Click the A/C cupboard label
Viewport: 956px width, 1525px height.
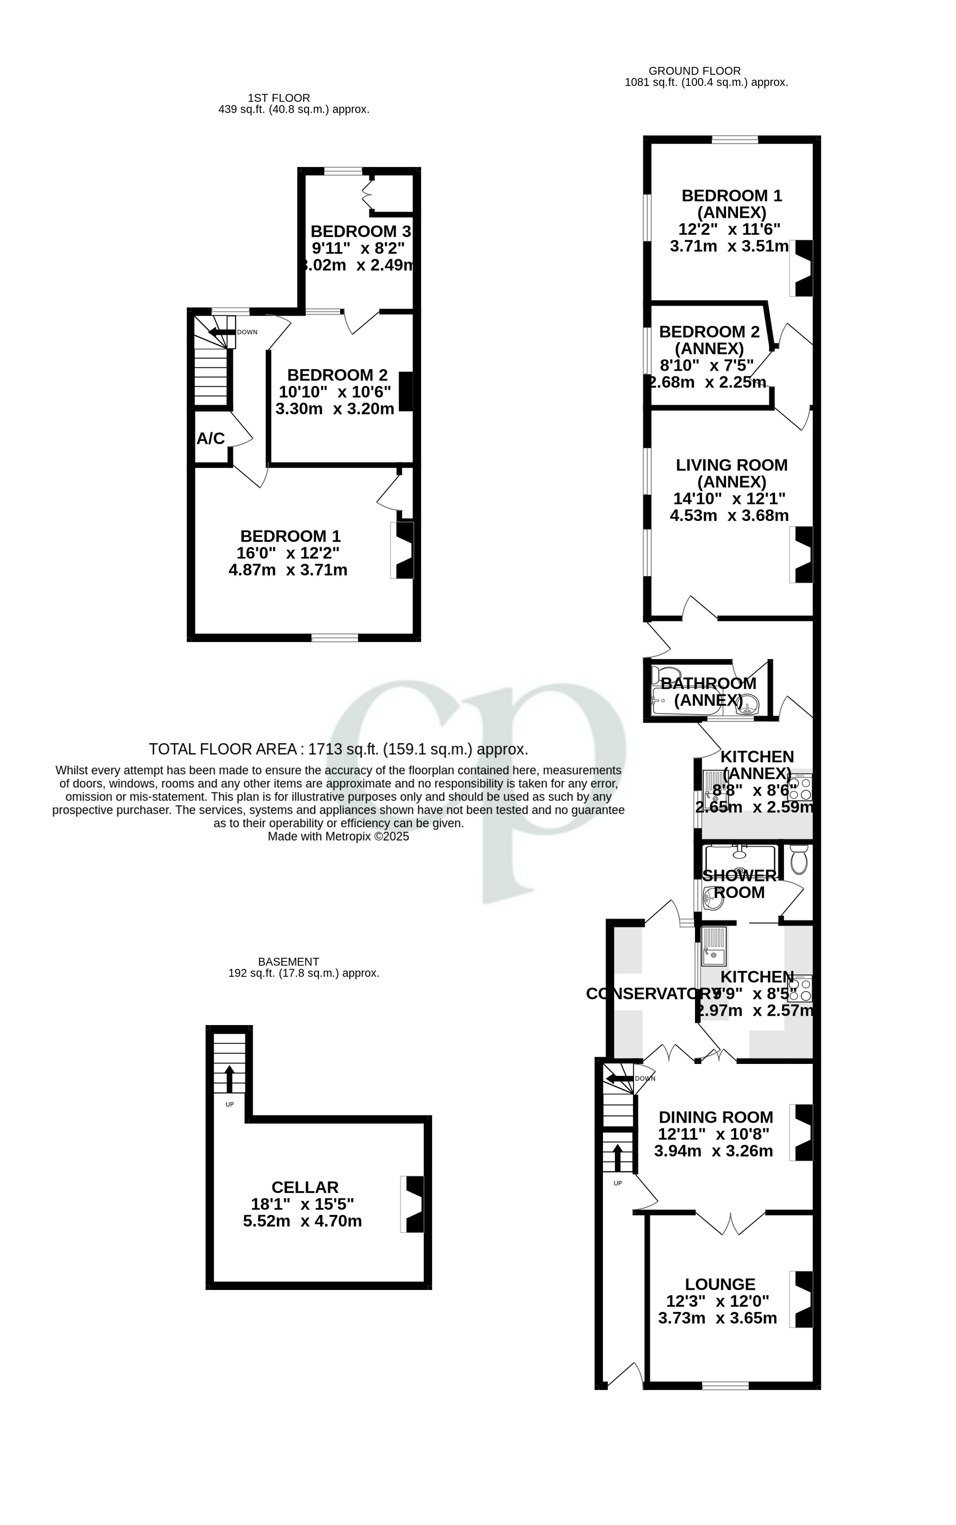[211, 438]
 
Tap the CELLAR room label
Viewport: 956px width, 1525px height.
[305, 1187]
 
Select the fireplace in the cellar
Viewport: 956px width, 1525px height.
[413, 1204]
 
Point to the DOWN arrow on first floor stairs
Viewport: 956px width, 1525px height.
[221, 332]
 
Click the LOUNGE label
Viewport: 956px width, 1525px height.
[720, 1284]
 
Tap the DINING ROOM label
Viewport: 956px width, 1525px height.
[716, 1117]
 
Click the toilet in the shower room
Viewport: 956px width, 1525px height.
[799, 859]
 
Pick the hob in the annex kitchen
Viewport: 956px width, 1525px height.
[800, 788]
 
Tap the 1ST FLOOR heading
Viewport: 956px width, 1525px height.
[279, 98]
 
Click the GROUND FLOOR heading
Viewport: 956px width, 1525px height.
[694, 71]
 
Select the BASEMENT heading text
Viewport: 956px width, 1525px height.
[288, 961]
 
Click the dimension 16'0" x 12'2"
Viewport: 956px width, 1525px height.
[288, 553]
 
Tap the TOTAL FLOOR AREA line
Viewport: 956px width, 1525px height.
[338, 749]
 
